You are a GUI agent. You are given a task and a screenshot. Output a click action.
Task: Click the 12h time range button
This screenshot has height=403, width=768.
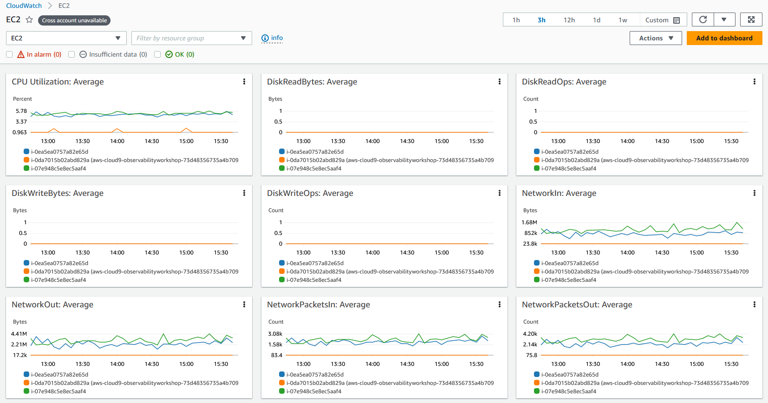569,20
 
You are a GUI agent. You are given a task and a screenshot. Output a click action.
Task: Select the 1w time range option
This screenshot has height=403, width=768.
623,20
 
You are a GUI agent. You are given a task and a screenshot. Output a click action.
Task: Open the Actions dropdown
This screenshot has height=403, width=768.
656,38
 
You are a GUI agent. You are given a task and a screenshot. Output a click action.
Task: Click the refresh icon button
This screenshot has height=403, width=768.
703,19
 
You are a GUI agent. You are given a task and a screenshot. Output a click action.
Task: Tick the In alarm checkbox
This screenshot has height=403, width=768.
9,54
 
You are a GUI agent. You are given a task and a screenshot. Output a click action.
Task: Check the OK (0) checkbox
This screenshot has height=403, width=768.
157,54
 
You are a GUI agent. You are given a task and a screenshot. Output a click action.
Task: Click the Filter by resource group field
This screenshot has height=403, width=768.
191,38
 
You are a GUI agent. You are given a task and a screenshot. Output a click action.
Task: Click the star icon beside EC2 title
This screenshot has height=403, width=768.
30,20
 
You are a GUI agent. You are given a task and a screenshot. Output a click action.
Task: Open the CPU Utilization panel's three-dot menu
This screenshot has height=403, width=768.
244,82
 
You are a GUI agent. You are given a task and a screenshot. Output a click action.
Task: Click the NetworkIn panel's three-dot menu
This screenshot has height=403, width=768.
754,193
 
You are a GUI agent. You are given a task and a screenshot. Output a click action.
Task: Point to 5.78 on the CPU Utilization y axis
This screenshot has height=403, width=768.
21,111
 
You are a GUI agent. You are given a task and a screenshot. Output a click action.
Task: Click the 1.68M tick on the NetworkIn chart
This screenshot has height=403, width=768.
529,222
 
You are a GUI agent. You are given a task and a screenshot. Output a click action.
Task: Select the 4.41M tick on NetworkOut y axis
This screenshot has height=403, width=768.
19,334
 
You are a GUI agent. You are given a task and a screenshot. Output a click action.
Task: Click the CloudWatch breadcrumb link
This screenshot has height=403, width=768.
24,6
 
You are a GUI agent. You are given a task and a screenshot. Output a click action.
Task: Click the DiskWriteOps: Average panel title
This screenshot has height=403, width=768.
310,193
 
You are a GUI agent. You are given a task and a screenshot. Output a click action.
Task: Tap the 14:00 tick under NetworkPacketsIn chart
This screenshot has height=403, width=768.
372,364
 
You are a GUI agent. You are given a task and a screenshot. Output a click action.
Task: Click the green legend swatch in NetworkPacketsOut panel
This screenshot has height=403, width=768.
537,391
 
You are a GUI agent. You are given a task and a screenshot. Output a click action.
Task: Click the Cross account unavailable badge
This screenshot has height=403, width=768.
74,20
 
